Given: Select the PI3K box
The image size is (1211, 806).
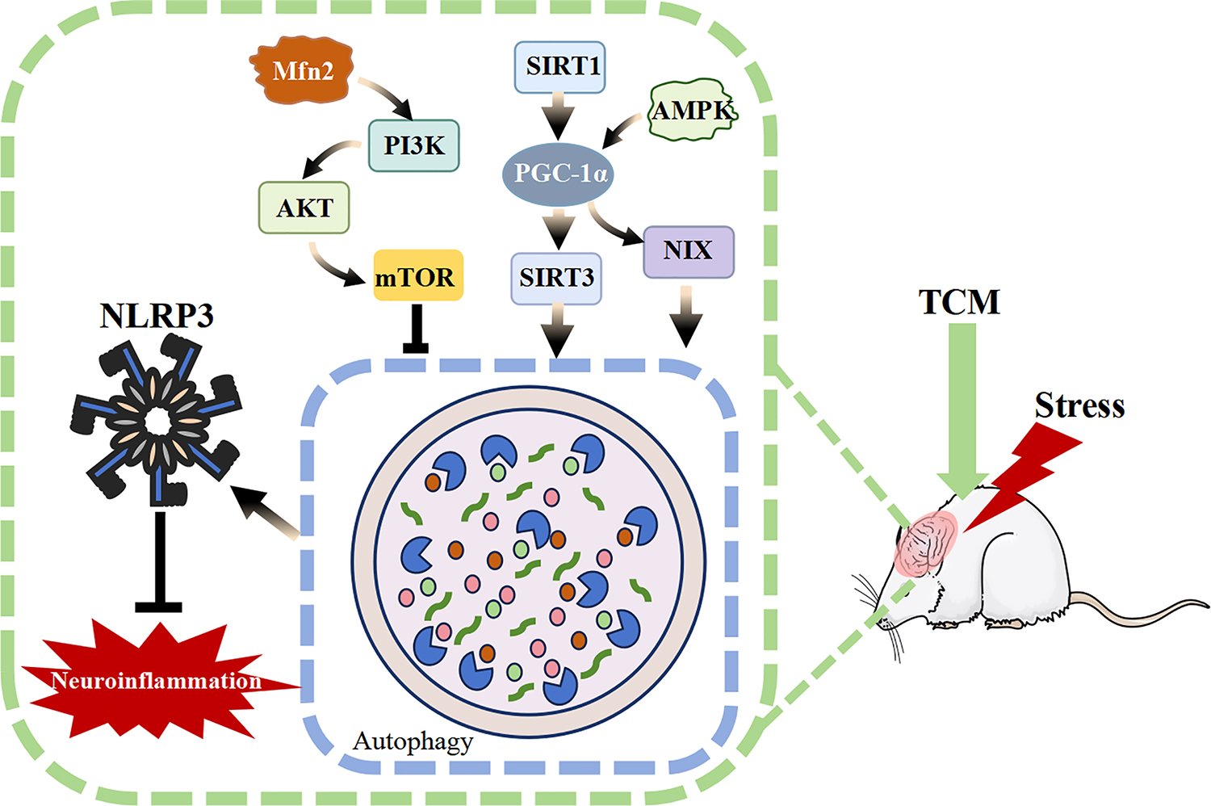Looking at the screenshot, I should point(414,145).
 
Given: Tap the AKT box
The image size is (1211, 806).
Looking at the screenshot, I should point(304,208).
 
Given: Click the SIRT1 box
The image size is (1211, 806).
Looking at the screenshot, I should point(560,66).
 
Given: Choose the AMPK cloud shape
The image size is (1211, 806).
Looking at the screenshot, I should point(693,110).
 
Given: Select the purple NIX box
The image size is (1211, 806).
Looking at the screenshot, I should point(688,251).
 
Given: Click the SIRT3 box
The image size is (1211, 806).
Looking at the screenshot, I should point(556,279).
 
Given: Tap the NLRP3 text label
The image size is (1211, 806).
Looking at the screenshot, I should point(157,316).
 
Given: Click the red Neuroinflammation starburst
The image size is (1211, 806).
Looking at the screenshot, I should point(153,680).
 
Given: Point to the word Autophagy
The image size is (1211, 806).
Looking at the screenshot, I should point(413,741).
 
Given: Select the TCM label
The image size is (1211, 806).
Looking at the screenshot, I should point(959,302).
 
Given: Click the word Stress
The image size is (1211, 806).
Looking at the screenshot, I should point(1079,405).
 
